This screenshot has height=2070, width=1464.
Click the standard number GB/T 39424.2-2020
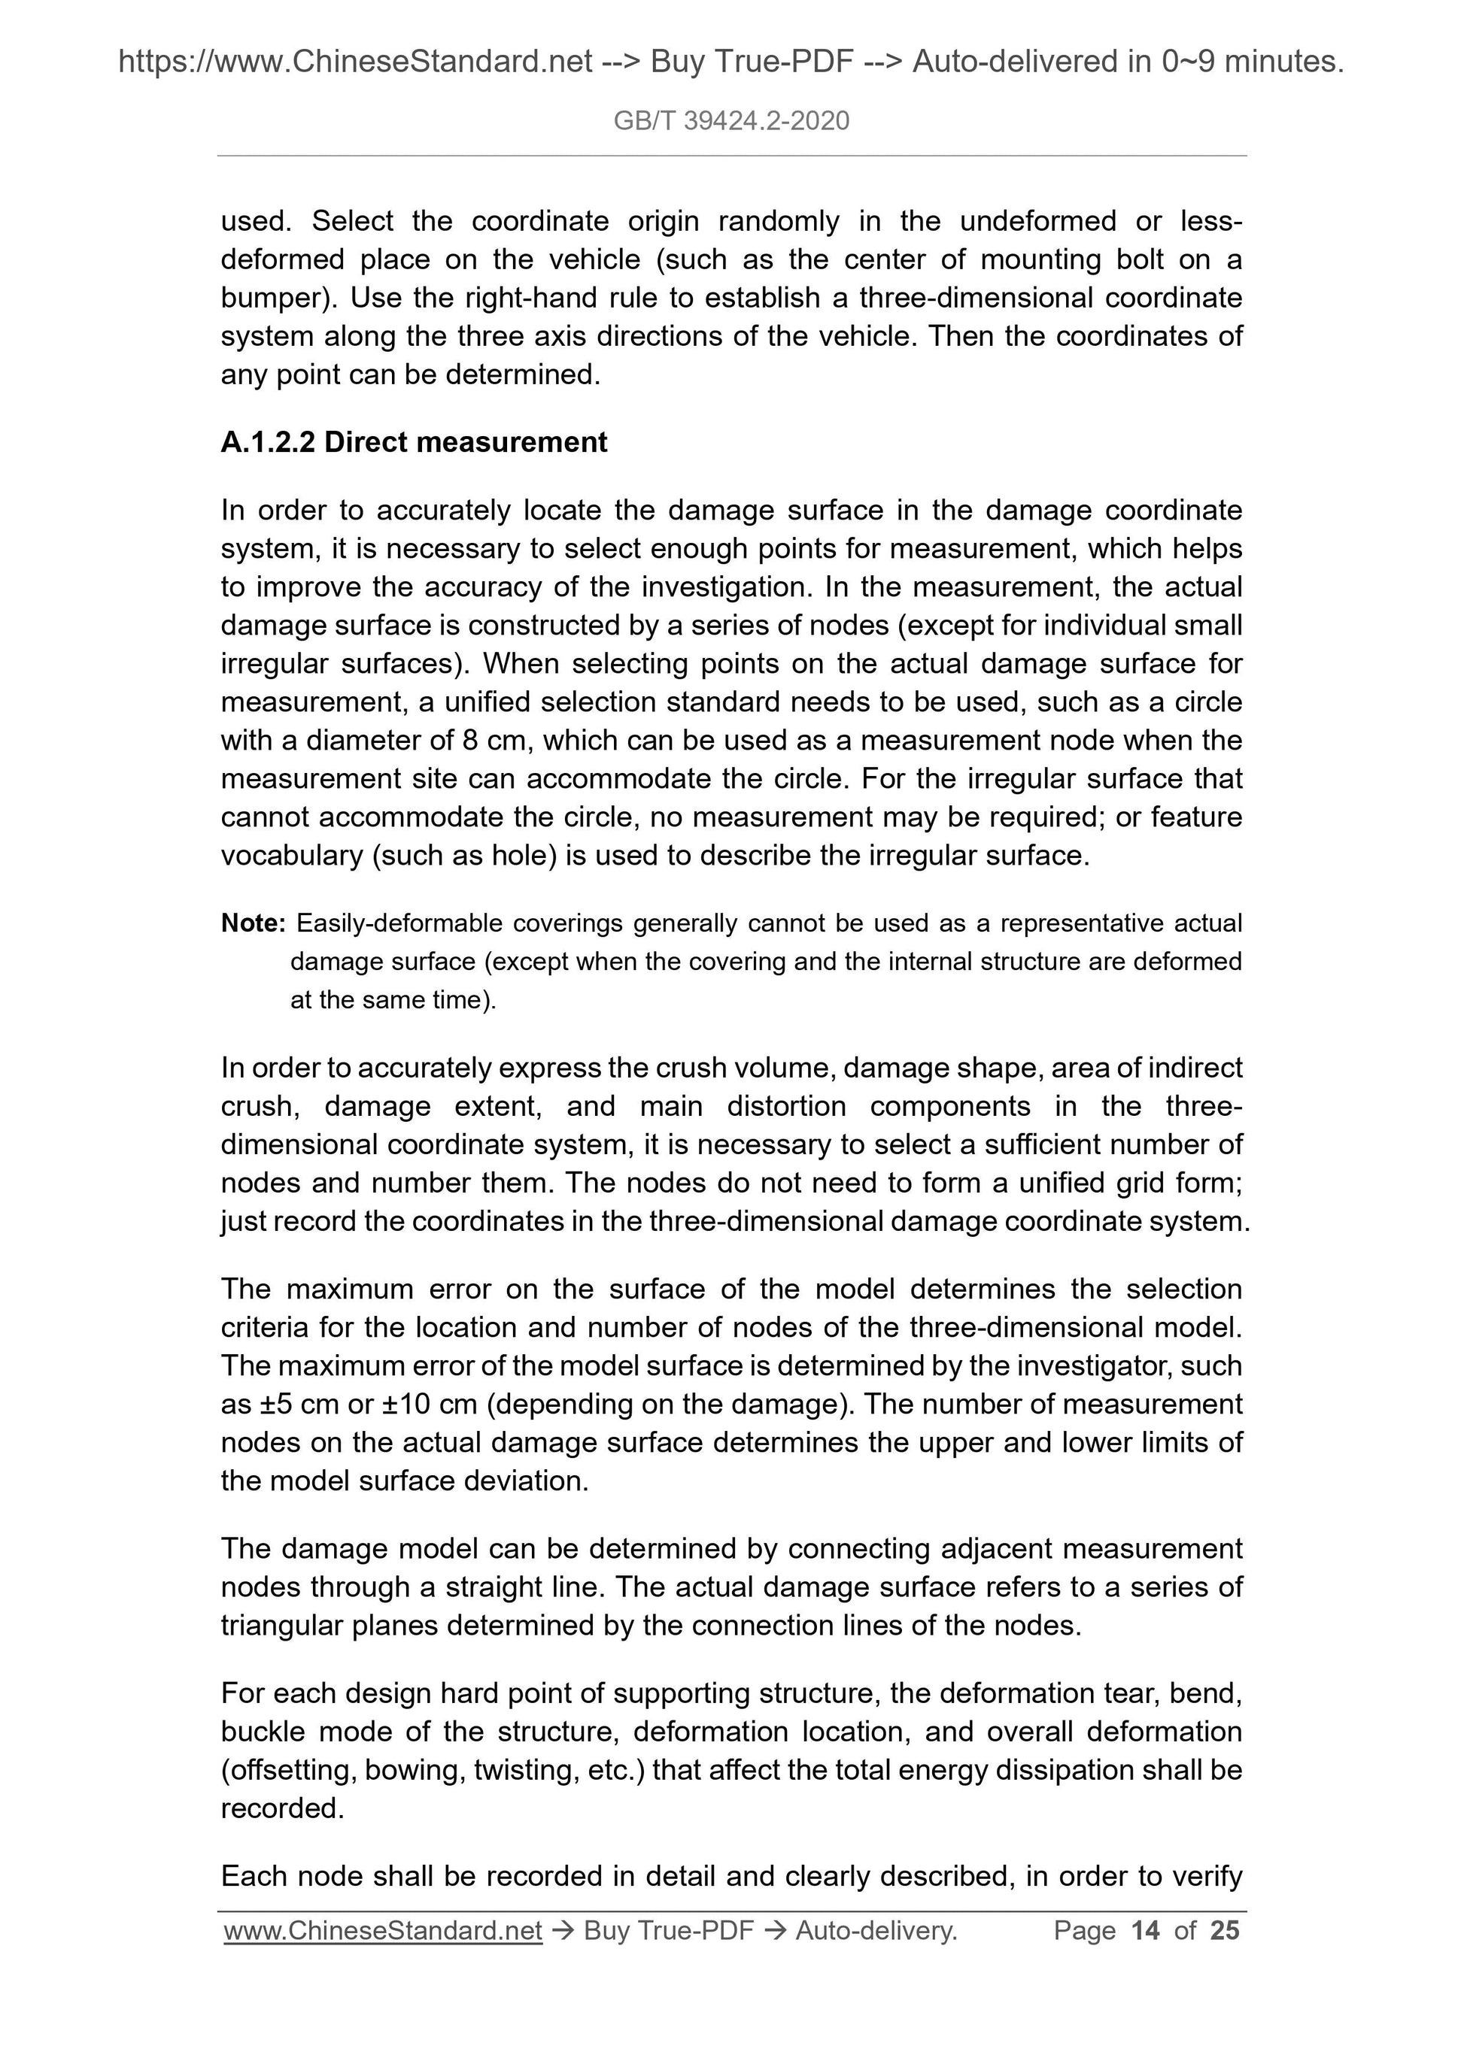pos(730,121)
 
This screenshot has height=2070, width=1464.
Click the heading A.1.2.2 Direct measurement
pos(414,442)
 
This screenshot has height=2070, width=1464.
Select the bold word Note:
pos(253,923)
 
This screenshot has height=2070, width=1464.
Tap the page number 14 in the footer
pos(1145,1930)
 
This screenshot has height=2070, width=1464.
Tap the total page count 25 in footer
pos(1224,1930)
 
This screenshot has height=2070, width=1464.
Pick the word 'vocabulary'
pos(291,856)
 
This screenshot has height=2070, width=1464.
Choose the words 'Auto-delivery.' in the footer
pos(876,1930)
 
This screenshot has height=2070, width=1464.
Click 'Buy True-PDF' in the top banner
pos(752,62)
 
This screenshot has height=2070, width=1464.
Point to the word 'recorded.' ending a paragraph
pos(282,1808)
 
